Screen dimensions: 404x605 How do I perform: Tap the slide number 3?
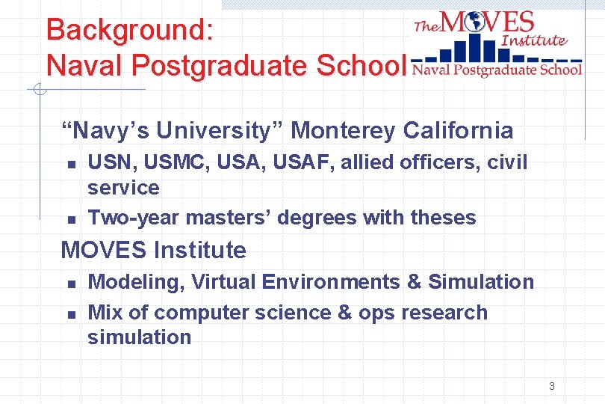point(551,386)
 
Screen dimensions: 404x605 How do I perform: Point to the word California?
point(459,131)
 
